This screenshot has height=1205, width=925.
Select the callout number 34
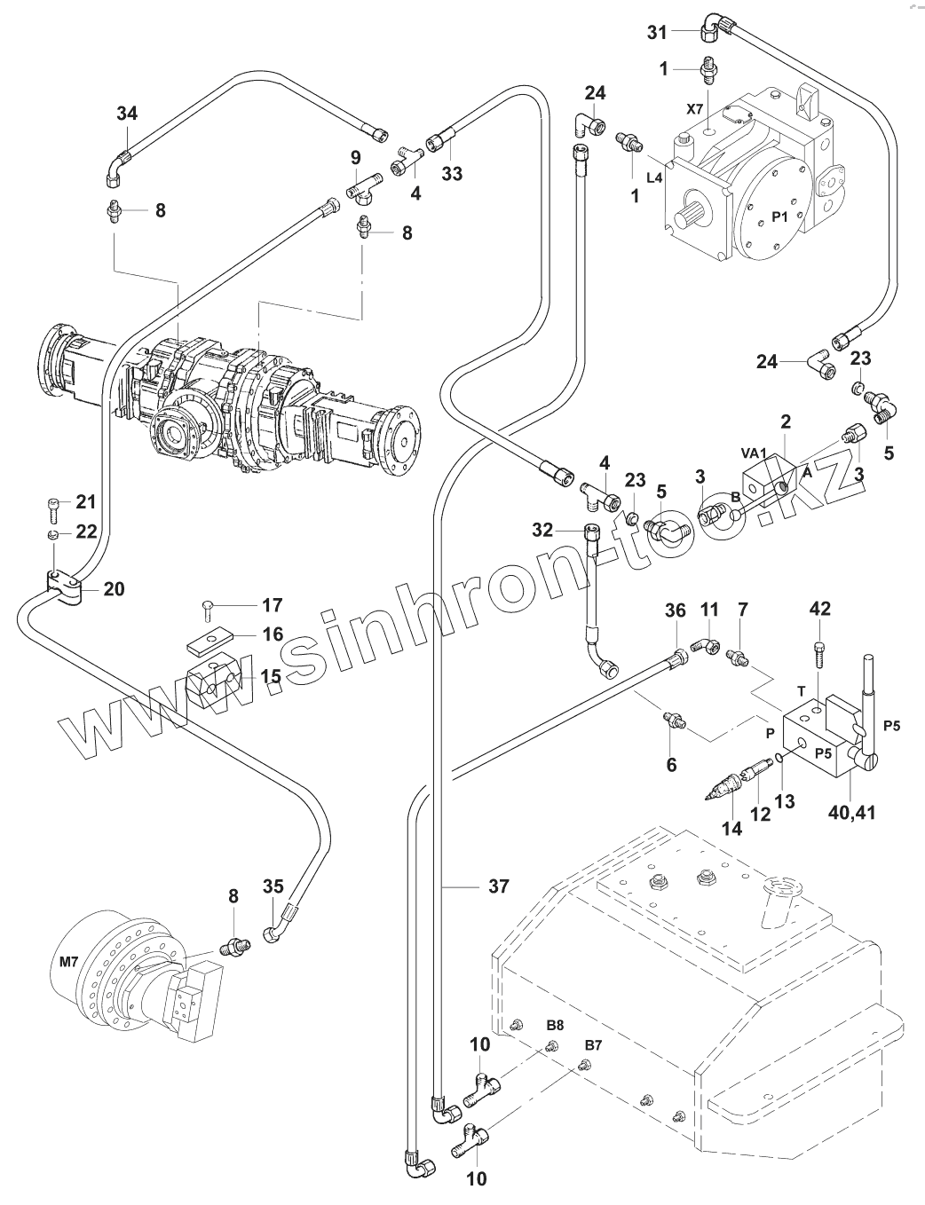(128, 114)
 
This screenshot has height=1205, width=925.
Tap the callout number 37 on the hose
(499, 886)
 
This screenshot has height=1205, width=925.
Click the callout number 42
(820, 609)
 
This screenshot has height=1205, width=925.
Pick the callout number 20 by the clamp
(115, 588)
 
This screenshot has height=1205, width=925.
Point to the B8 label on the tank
(555, 1024)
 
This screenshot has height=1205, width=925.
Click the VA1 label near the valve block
(754, 452)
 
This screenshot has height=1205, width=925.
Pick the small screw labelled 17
(206, 608)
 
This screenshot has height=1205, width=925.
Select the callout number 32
(543, 531)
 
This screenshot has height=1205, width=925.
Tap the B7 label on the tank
(592, 1044)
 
